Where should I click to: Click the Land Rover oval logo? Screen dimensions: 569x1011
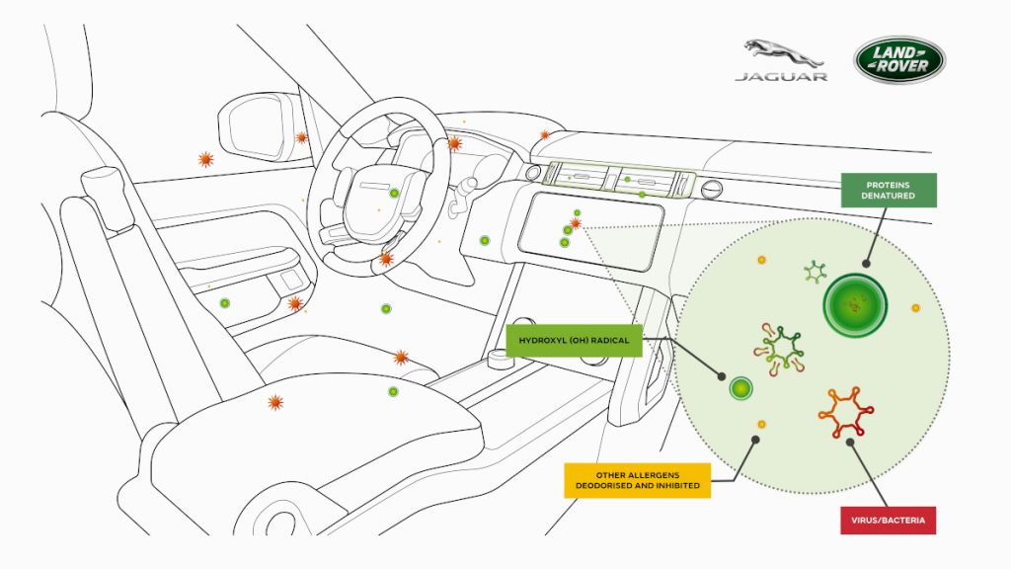899,60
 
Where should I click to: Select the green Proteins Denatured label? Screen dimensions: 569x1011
889,190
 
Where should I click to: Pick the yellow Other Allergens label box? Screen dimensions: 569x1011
637,479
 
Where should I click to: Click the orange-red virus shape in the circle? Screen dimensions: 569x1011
845,413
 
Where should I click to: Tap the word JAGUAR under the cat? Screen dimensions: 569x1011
780,76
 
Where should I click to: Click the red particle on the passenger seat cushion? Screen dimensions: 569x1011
275,402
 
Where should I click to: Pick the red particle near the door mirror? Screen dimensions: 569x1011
302,137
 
